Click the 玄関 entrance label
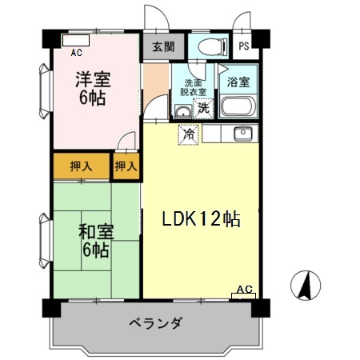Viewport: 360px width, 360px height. click(x=163, y=46)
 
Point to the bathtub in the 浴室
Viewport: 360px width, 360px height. click(x=237, y=106)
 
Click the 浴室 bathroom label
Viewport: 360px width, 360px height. click(x=238, y=82)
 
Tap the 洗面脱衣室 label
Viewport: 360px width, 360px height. click(x=194, y=87)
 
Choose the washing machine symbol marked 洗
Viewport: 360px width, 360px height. click(x=204, y=107)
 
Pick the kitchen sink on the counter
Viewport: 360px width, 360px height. click(x=242, y=132)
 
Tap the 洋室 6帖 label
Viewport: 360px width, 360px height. click(x=93, y=88)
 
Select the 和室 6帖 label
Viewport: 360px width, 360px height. click(x=95, y=241)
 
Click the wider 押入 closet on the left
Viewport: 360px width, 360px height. click(x=81, y=166)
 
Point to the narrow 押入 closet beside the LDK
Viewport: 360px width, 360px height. click(x=126, y=166)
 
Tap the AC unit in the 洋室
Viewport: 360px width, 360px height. click(x=76, y=42)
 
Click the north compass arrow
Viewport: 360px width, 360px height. click(x=306, y=283)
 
